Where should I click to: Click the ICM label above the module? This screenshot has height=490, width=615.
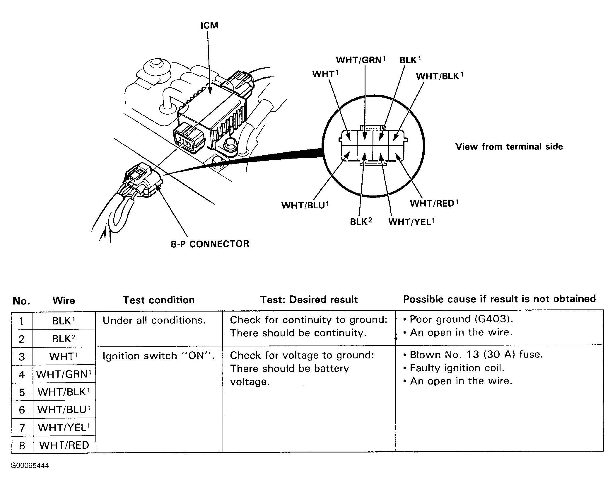pyautogui.click(x=209, y=25)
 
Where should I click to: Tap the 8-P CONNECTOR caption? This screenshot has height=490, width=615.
pyautogui.click(x=210, y=244)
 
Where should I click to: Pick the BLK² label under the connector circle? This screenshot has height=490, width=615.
pyautogui.click(x=361, y=222)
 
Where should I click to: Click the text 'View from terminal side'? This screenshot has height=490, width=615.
pyautogui.click(x=509, y=147)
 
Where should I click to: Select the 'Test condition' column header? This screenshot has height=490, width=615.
pyautogui.click(x=159, y=300)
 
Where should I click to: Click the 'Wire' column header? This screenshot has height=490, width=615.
pyautogui.click(x=64, y=301)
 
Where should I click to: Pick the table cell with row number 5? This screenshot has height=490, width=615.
pyautogui.click(x=22, y=392)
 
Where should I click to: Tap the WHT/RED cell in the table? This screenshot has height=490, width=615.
pyautogui.click(x=64, y=445)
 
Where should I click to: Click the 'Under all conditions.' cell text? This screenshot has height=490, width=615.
pyautogui.click(x=154, y=320)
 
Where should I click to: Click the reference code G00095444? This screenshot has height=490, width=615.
pyautogui.click(x=30, y=466)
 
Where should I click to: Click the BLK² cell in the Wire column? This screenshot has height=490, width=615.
pyautogui.click(x=64, y=339)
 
